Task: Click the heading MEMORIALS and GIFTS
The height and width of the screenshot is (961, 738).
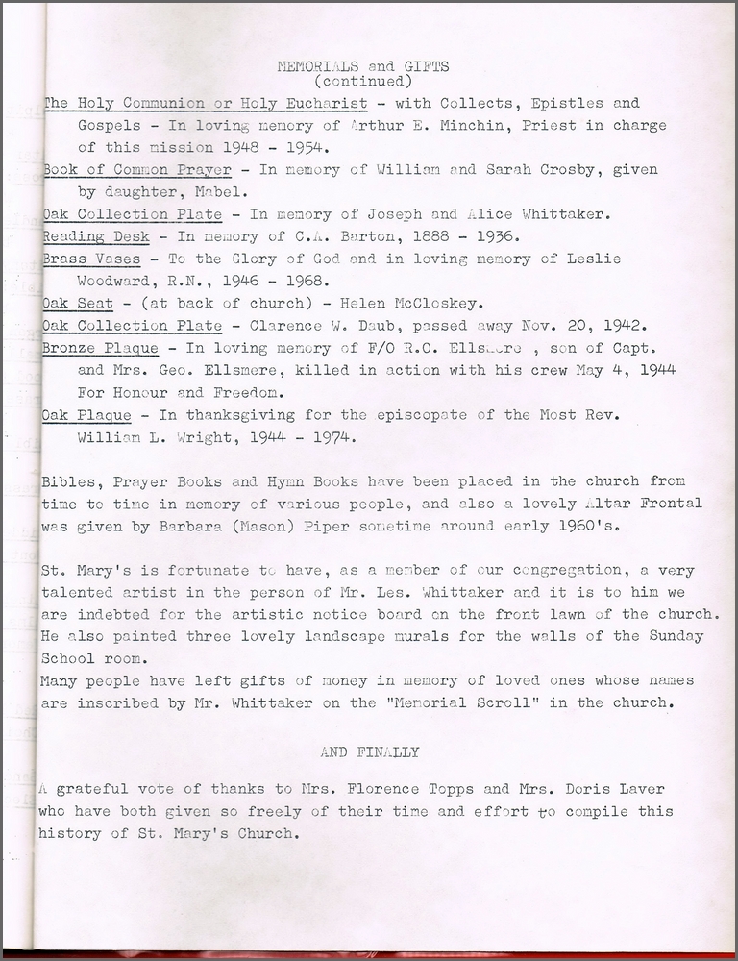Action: [x=362, y=66]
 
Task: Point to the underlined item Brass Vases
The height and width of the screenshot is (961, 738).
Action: [x=91, y=259]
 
